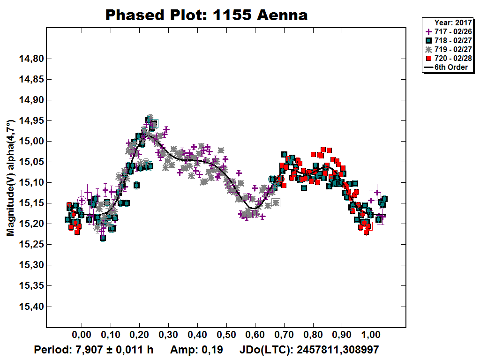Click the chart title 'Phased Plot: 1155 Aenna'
[x=206, y=15]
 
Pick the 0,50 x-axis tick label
[x=226, y=336]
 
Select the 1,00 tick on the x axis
[x=371, y=336]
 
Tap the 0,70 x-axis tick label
[x=284, y=336]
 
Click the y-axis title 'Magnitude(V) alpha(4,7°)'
[x=10, y=185]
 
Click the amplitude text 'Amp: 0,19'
[x=196, y=350]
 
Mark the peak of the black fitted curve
[x=148, y=134]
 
